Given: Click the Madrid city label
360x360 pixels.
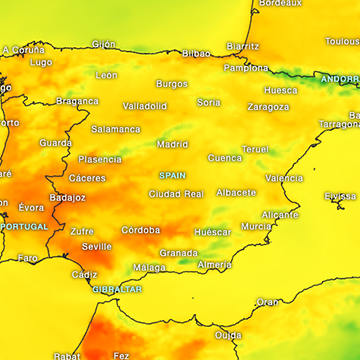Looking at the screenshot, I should (x=172, y=144).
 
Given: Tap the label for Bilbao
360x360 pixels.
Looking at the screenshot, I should (x=196, y=53).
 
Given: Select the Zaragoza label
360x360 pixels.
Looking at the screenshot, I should (x=268, y=107).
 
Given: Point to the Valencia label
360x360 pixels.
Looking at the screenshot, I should (x=284, y=178).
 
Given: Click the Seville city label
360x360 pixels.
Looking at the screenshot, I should (x=97, y=246).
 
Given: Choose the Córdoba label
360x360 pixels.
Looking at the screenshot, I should (x=140, y=230).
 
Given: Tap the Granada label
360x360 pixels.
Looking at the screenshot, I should (x=179, y=253).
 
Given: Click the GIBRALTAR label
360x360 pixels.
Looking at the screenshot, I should (x=117, y=289).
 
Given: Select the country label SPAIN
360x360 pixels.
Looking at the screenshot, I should (x=173, y=175).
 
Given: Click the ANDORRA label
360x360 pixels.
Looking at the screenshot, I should (x=338, y=78).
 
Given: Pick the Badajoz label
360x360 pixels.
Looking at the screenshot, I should (x=68, y=198).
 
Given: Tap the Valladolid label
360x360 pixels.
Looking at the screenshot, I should (x=145, y=106).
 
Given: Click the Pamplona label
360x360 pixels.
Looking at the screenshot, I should (x=245, y=68).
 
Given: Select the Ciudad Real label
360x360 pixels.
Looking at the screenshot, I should (x=177, y=194).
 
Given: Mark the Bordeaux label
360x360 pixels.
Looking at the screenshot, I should (x=280, y=4).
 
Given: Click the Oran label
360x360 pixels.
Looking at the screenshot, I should (x=267, y=302).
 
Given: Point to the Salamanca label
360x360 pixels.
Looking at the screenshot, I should (x=116, y=129).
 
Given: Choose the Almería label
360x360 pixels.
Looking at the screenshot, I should (x=214, y=265).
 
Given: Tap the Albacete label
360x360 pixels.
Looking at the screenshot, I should (x=236, y=192).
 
